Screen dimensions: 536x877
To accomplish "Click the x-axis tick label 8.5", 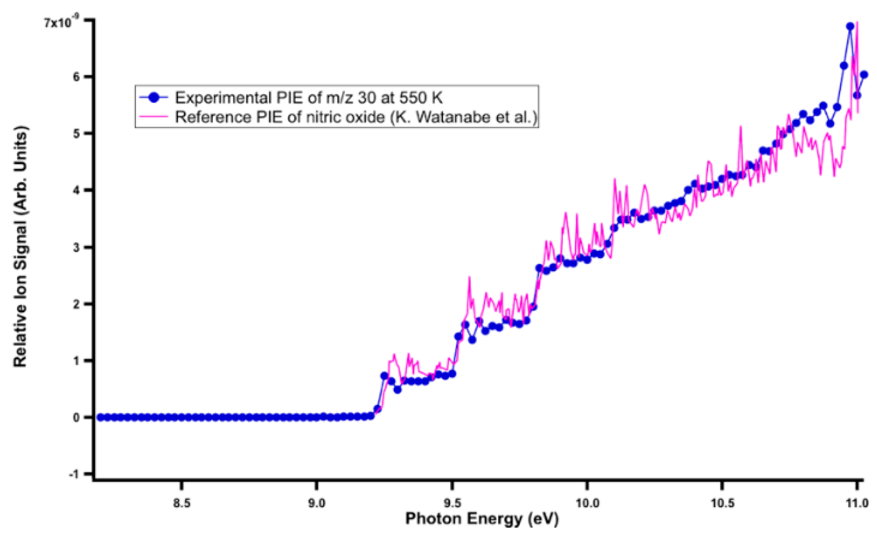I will coord(181,503).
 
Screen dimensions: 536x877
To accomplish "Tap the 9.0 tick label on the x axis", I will coord(316,503).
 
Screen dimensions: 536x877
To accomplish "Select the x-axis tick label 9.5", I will coord(452,503).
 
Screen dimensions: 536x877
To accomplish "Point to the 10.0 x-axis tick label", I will coord(587,503).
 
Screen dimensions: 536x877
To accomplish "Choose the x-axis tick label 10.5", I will coord(722,503).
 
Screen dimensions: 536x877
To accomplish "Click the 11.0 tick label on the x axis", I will coord(857,503).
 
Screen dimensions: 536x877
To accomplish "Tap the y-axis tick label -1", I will coord(74,474).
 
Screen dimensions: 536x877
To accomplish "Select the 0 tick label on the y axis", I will coord(77,417).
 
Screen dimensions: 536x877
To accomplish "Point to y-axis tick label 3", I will coord(77,247).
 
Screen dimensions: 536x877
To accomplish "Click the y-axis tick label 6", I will coord(77,77).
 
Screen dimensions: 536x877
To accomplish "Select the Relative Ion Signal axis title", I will coord(20,246).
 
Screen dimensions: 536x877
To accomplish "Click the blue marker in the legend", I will coord(154,97).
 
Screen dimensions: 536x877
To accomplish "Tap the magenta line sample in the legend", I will coord(154,117).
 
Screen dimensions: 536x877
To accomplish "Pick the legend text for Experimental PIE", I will coord(308,97).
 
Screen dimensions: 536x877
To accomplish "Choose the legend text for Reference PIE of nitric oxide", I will coord(356,117).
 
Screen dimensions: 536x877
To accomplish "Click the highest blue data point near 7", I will coord(850,26).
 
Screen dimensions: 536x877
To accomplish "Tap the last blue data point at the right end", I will coord(864,75).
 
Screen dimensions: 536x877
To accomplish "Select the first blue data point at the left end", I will coord(100,417).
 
